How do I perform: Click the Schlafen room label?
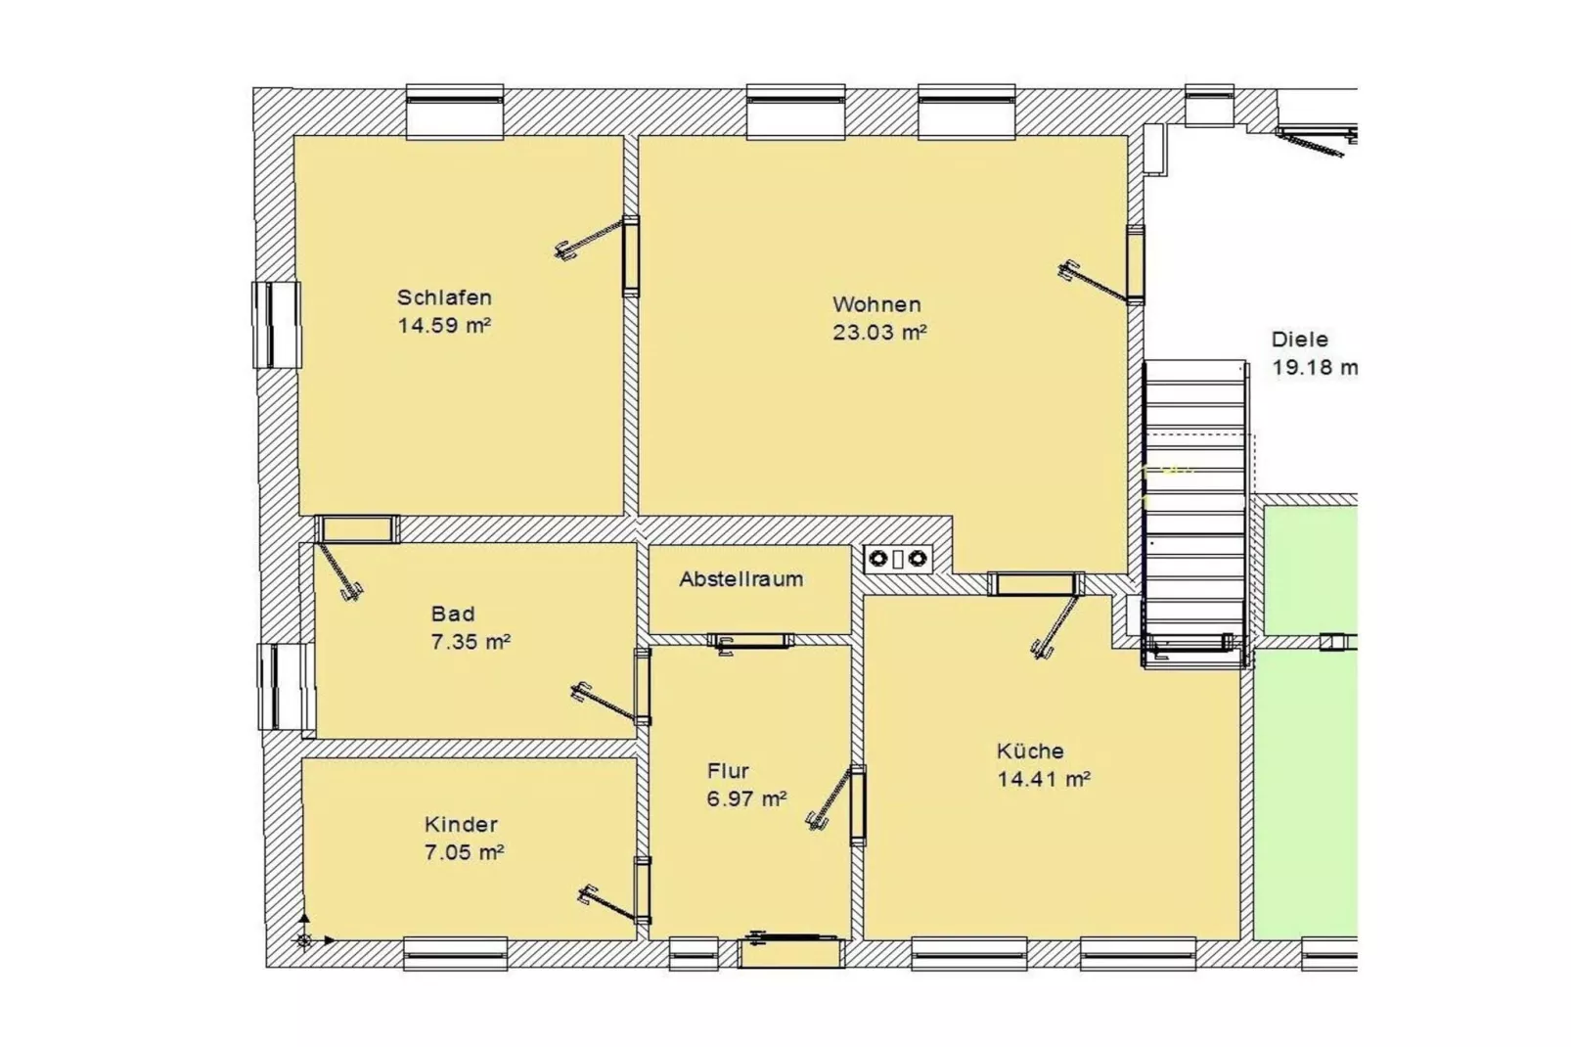443,296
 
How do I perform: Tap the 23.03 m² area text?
878,332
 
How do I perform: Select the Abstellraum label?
741,578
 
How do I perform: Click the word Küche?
1029,751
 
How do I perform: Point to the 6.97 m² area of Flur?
745,798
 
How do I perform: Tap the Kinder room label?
461,824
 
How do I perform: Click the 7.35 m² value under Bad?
470,642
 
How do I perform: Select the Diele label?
1299,340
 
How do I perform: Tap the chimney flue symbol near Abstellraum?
897,559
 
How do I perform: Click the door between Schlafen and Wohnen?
631,255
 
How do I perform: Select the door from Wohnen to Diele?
1134,264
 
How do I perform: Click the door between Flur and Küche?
857,804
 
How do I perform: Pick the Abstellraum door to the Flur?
750,641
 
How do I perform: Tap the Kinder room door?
642,889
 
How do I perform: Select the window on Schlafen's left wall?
276,324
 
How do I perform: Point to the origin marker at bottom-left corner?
304,940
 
